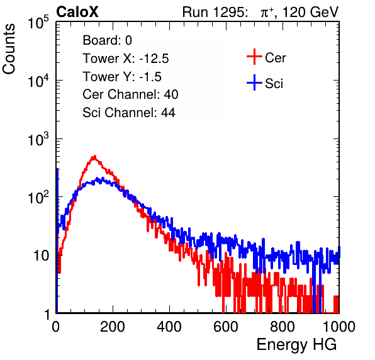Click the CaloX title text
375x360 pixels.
pos(77,12)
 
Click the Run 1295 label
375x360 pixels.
pos(215,12)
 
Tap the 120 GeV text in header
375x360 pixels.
pos(311,12)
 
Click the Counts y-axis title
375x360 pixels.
pos(9,48)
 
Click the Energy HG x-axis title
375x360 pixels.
pos(296,345)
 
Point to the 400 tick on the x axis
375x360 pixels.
pos(169,327)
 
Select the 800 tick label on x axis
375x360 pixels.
pos(283,327)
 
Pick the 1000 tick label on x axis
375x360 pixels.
pos(339,327)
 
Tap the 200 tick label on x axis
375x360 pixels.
pos(113,327)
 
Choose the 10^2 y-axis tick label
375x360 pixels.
pos(38,197)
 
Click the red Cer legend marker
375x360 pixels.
pos(254,57)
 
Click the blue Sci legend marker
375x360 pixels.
pos(254,82)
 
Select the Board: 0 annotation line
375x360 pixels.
pos(107,40)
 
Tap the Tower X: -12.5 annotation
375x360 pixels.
pos(126,59)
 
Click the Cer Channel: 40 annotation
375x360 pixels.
pos(130,94)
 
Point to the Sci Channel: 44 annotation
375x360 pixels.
pos(129,113)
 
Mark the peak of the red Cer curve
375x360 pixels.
pos(95,156)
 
